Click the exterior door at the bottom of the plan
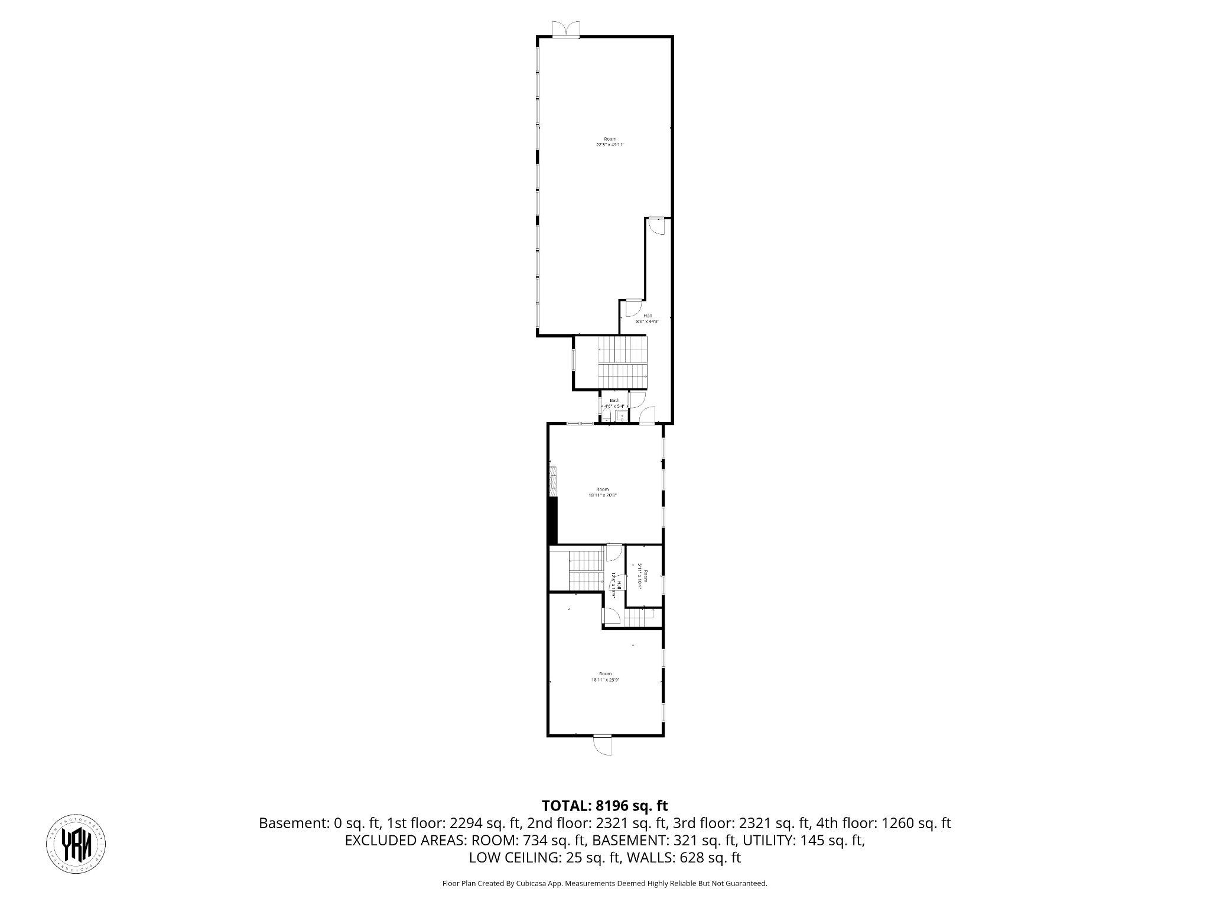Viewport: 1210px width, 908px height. [x=603, y=745]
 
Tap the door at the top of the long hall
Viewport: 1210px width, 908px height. [x=657, y=226]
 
